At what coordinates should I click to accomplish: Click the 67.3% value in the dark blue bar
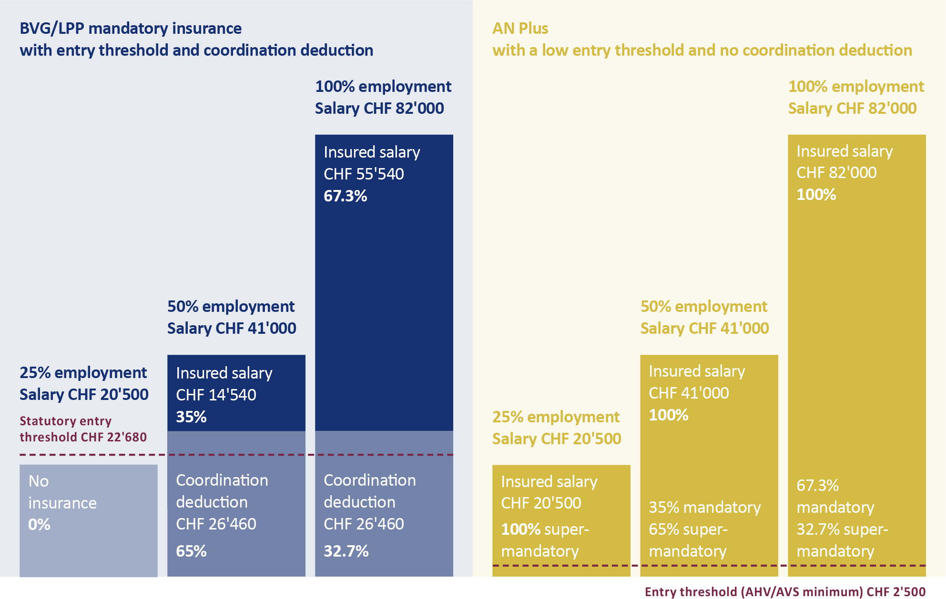point(346,196)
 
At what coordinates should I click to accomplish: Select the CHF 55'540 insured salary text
point(364,174)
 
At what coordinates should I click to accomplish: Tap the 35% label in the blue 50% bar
point(191,417)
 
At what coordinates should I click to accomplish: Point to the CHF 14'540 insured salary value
point(216,395)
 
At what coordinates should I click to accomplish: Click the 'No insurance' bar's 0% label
point(39,524)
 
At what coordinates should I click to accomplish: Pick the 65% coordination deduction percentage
point(191,551)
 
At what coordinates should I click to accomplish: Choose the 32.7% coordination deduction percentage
point(346,551)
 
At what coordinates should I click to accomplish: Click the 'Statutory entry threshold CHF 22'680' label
point(83,429)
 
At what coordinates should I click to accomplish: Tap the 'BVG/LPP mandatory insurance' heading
point(131,29)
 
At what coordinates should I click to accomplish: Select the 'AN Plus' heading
point(520,29)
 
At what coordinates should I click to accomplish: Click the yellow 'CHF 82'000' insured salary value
point(836,172)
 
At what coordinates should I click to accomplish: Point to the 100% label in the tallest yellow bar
point(816,194)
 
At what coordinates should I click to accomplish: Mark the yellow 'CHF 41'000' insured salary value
point(689,393)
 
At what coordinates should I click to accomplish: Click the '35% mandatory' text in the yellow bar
point(704,507)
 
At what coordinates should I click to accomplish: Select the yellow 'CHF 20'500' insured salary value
point(541,503)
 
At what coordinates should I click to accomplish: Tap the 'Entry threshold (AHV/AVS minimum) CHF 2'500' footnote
point(785,591)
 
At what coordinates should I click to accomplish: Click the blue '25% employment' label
point(83,372)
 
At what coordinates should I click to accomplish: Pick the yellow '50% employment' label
point(703,306)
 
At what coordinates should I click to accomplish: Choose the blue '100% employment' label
point(383,86)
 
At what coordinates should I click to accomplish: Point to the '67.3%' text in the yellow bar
point(817,485)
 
